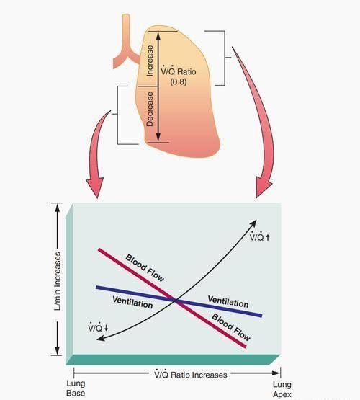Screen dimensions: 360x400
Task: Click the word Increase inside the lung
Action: pos(150,61)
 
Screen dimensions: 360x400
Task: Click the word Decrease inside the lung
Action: pos(150,109)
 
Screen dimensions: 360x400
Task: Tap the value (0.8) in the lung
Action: pos(179,82)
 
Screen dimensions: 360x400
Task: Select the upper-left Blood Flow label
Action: pos(145,268)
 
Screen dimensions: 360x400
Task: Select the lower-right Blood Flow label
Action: pos(231,327)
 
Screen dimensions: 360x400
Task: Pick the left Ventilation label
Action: pos(132,302)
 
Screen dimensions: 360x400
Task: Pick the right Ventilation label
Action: pos(228,301)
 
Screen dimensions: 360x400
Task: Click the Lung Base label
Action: pos(76,388)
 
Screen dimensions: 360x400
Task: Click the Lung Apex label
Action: pos(282,389)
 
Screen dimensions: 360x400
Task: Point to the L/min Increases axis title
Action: pos(58,281)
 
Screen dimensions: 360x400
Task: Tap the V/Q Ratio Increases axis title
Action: pos(191,375)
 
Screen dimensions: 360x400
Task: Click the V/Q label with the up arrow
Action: pos(260,236)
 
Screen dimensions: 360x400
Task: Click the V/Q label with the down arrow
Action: pos(99,327)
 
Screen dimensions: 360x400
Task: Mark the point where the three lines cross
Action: pos(175,301)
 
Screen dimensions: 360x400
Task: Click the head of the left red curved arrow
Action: pos(95,187)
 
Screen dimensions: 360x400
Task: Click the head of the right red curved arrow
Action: pos(264,188)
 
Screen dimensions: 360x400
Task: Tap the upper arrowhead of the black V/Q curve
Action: pos(253,223)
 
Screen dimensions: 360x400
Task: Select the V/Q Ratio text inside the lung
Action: pos(179,71)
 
